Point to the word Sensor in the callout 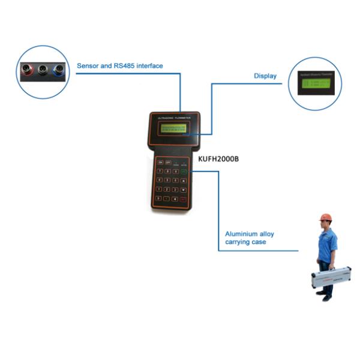click(x=89, y=65)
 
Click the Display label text click(x=265, y=76)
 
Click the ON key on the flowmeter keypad click(x=159, y=162)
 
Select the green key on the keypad click(x=184, y=172)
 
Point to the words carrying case click(x=247, y=242)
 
